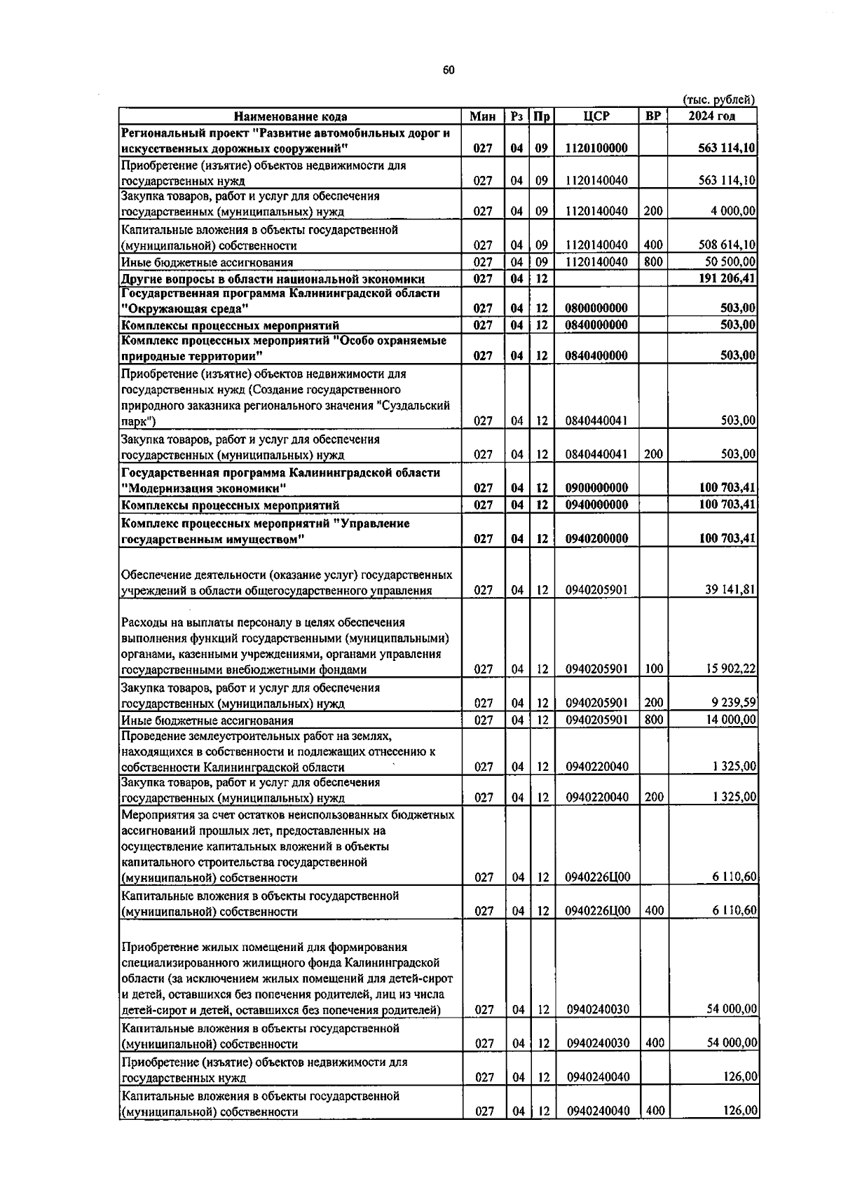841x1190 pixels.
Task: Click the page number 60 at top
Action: (x=449, y=70)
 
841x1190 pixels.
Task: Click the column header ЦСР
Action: (x=596, y=116)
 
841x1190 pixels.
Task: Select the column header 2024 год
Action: (x=711, y=116)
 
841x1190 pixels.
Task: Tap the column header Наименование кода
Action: (x=290, y=117)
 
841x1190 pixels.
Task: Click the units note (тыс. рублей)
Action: (x=718, y=100)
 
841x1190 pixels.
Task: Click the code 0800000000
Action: (x=596, y=308)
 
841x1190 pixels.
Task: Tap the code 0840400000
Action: (x=596, y=356)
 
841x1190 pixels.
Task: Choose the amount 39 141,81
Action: (x=730, y=590)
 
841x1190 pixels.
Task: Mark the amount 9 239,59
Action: (x=732, y=704)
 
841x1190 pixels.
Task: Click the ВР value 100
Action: (x=653, y=669)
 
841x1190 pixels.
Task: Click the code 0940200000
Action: (x=596, y=539)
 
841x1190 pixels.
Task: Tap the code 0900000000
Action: (x=596, y=488)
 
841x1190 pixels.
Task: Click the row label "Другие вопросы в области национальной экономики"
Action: (x=273, y=279)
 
